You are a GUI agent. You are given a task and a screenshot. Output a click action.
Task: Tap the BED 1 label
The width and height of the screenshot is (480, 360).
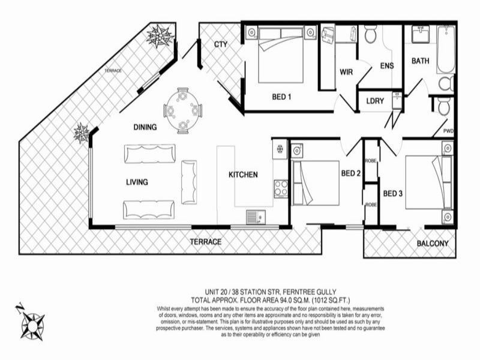[x=282, y=97]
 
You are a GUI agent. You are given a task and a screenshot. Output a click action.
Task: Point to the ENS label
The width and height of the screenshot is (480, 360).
[x=387, y=65]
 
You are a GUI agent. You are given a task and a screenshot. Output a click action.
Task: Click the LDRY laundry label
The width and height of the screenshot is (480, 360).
[x=374, y=101]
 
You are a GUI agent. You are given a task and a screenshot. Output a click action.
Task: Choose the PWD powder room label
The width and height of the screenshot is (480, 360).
[x=448, y=130]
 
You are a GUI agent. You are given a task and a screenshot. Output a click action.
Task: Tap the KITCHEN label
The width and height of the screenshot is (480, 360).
[x=243, y=175]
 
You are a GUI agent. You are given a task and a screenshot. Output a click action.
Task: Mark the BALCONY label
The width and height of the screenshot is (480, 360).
[x=433, y=243]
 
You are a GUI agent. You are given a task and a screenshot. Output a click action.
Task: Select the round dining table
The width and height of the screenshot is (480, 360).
[x=182, y=110]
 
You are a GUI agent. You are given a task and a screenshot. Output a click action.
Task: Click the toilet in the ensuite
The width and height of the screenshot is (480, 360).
[x=370, y=35]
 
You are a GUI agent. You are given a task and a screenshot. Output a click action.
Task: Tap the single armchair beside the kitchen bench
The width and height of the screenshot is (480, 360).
[x=189, y=181]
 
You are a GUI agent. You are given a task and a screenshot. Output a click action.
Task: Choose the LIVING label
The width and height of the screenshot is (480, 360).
[x=137, y=182]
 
